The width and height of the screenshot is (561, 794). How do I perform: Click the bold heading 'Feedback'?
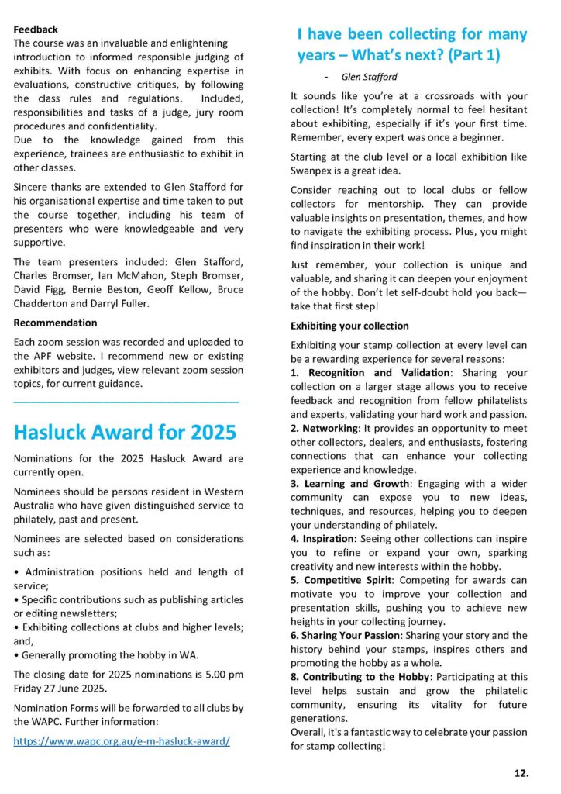coord(36,29)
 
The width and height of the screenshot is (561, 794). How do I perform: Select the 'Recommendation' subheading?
coord(56,323)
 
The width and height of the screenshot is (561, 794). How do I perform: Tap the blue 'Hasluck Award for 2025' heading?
coord(125,431)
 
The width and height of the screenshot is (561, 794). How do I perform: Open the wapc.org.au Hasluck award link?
coord(122,741)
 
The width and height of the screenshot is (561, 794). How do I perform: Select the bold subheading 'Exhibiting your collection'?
coord(349,326)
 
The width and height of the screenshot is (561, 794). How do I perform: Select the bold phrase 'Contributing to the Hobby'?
coord(367,677)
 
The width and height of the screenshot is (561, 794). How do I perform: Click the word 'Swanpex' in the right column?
coord(311,170)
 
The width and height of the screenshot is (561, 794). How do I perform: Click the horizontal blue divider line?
coord(126,401)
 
